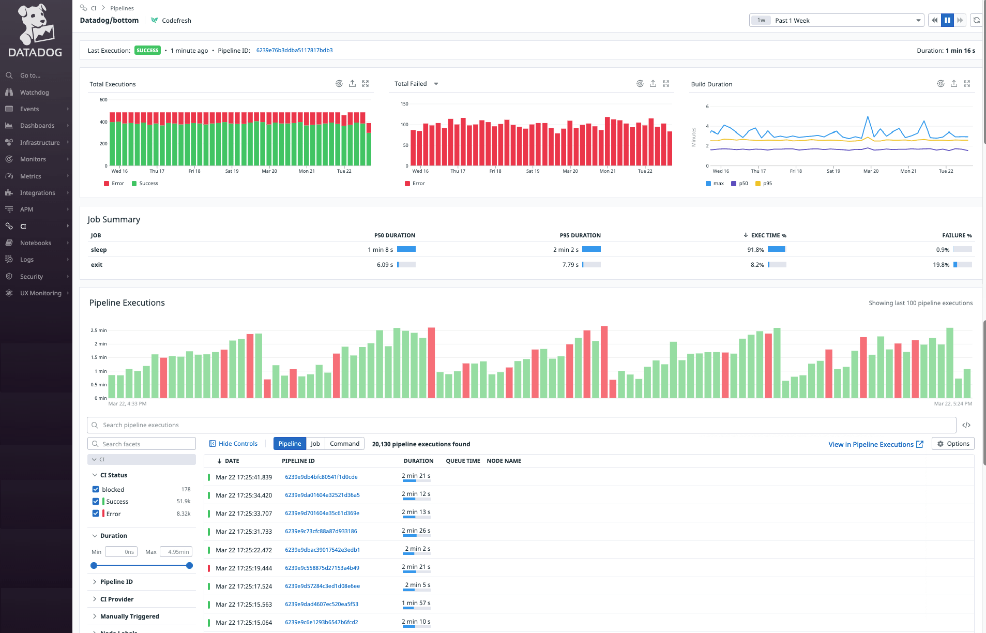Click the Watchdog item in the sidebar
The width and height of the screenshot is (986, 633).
34,93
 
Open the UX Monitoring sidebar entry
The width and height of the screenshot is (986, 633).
40,293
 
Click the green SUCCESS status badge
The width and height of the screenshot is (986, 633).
147,51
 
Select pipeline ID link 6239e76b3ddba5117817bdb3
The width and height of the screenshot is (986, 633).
294,51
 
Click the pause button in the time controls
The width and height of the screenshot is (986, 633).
947,21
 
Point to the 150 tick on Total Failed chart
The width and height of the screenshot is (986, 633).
404,104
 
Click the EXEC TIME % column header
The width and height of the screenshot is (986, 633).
768,236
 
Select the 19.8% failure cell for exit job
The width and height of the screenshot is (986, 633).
941,265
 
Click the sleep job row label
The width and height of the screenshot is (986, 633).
99,250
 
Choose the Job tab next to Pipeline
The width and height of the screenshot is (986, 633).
315,444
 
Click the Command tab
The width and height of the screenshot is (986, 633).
344,444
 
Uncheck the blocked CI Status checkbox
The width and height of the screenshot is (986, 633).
96,489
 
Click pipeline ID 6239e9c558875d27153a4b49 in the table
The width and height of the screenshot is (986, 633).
322,568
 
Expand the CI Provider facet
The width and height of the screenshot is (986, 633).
117,599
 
